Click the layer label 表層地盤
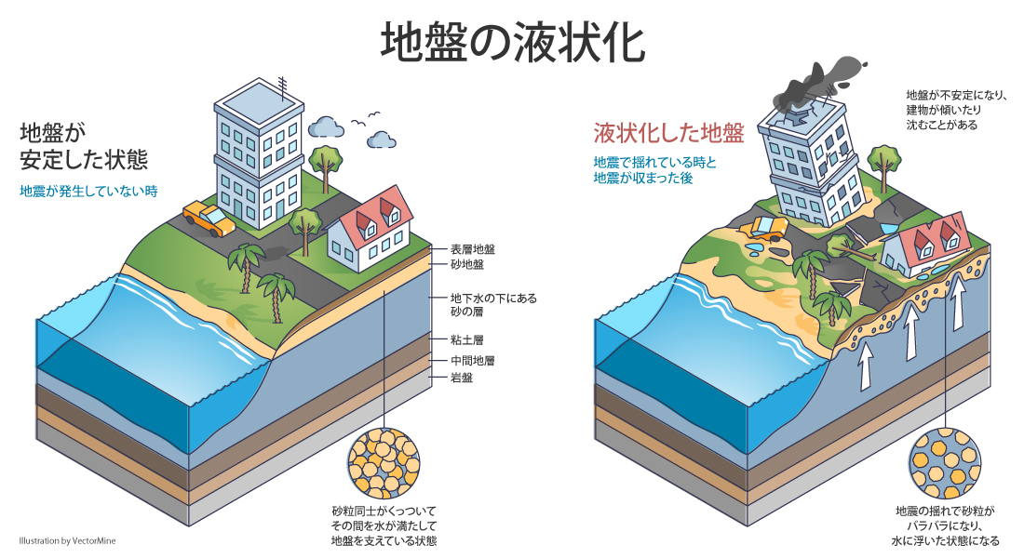click(473, 249)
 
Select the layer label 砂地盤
click(467, 264)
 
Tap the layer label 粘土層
click(467, 340)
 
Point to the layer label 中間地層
click(473, 360)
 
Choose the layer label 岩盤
click(462, 378)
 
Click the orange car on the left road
click(209, 219)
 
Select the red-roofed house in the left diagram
click(371, 229)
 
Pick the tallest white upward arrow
click(958, 301)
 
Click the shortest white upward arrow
click(866, 367)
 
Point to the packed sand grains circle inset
click(384, 463)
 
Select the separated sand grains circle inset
click(944, 463)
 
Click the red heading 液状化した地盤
click(668, 133)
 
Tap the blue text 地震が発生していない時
click(88, 192)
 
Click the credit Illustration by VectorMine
click(67, 540)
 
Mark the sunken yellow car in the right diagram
click(768, 227)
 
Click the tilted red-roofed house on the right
click(926, 244)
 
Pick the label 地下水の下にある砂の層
click(493, 305)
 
